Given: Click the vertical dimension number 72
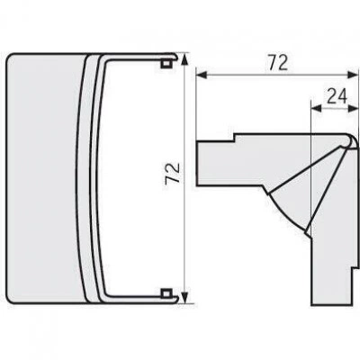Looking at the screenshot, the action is point(173,173).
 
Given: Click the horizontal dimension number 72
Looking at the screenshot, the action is point(278,63).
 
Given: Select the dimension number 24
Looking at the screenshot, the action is point(337,96).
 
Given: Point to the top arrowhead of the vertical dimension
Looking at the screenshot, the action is point(185,59).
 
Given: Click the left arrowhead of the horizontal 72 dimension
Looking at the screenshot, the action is point(202,76).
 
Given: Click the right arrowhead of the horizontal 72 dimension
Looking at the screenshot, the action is point(353,76).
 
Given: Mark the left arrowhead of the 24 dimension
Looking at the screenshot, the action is point(317,109).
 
